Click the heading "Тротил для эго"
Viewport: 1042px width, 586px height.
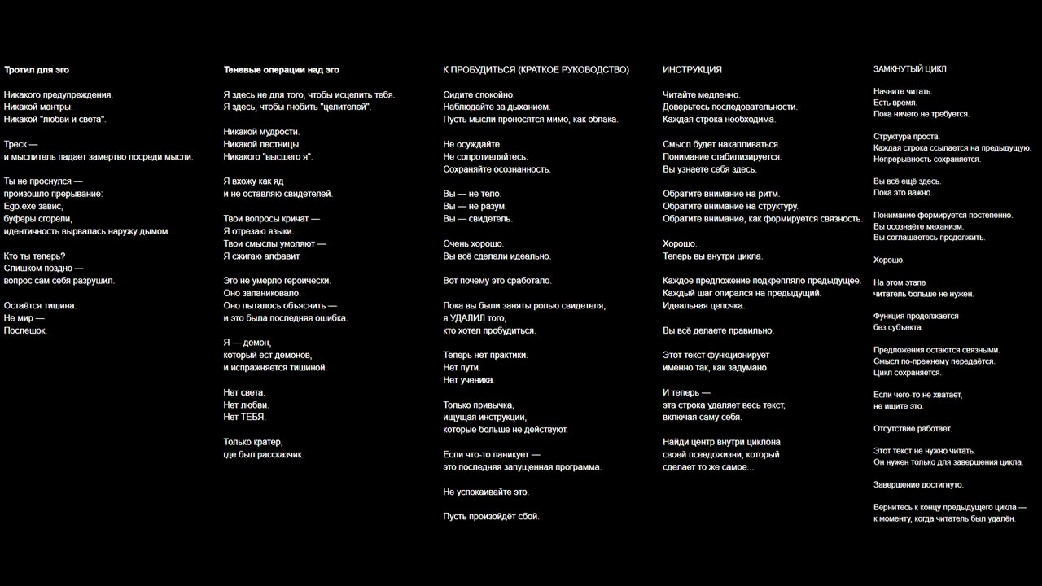pos(37,70)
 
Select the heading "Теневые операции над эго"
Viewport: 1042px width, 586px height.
pos(282,70)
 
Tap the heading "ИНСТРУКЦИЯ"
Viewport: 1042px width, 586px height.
pos(692,70)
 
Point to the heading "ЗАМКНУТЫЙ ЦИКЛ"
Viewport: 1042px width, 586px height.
pos(910,69)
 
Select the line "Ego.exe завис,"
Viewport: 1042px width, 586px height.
pos(33,207)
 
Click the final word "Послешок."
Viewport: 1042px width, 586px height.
pos(25,330)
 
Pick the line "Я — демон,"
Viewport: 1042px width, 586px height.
pos(247,343)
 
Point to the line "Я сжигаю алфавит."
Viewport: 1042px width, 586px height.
pos(262,256)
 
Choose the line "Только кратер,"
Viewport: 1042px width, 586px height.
pos(253,442)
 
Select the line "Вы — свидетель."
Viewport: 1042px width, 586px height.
pos(478,219)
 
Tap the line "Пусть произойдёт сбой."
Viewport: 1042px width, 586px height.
pos(491,516)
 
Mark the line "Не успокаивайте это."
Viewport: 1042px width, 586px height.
pos(486,492)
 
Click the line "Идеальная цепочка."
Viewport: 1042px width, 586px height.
pos(703,306)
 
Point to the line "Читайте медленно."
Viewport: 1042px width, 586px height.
pos(702,95)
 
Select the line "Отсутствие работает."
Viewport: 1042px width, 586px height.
pos(913,429)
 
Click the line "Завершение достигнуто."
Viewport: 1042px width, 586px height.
pos(918,485)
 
